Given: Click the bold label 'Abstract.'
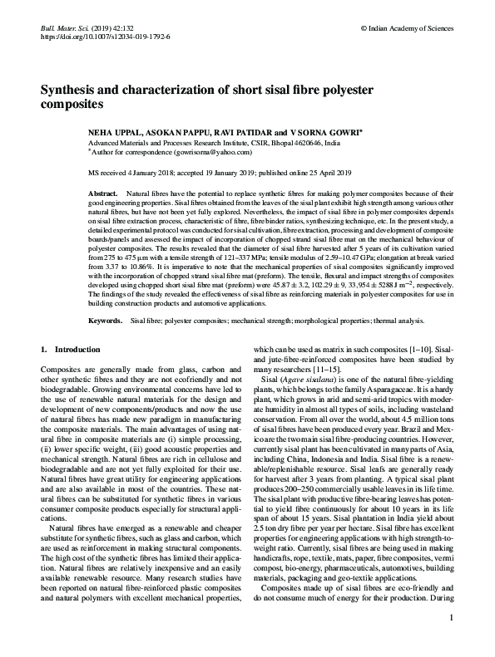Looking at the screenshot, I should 103,193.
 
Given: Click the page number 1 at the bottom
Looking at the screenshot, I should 450,641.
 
